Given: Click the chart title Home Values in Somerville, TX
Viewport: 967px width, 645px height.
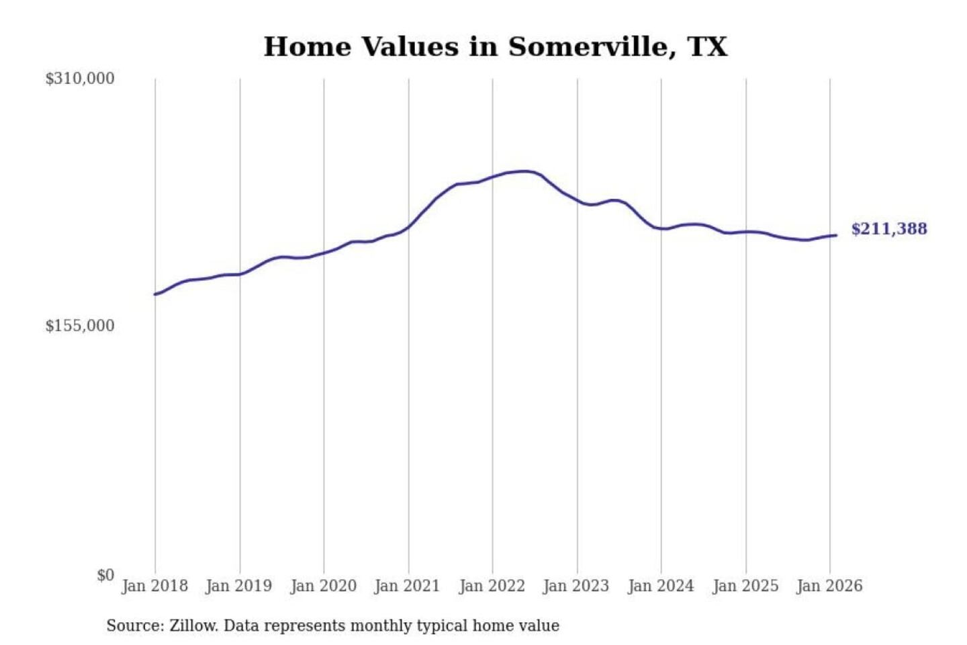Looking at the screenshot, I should [495, 47].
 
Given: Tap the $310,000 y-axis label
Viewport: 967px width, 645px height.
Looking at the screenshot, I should [80, 79].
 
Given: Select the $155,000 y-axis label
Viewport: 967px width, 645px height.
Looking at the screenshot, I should [80, 326].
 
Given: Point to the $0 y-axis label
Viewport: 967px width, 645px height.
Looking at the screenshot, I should [105, 575].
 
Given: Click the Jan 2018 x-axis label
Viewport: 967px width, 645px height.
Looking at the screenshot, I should [154, 586].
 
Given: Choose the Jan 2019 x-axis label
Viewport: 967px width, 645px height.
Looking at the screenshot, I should [238, 586].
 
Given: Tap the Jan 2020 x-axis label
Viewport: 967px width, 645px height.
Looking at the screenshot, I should [323, 586].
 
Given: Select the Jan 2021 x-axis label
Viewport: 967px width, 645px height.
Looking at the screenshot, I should [407, 586].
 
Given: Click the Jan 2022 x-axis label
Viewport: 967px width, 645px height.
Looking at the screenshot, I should [492, 586].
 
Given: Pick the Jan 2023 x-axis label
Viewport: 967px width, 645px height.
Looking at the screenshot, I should [575, 586].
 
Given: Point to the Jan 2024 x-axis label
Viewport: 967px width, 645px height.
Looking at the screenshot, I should [660, 586].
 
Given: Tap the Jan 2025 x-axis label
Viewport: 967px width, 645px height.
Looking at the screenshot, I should [745, 586].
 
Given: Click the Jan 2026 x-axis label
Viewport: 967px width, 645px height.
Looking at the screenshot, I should [829, 586].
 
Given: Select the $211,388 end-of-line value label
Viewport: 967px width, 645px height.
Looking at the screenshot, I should [889, 229].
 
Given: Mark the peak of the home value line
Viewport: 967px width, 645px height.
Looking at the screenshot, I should [524, 171].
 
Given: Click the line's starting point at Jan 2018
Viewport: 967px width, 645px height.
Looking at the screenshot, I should [155, 294].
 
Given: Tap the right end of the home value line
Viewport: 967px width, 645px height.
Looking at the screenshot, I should [836, 235].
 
